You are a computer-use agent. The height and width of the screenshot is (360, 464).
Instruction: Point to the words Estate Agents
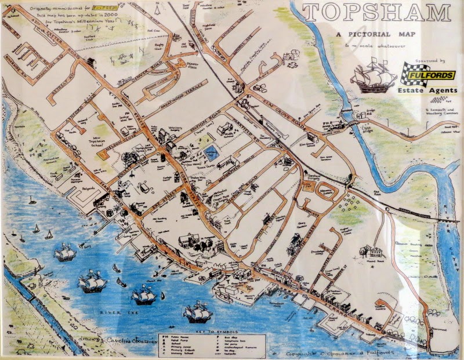tap(429, 90)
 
